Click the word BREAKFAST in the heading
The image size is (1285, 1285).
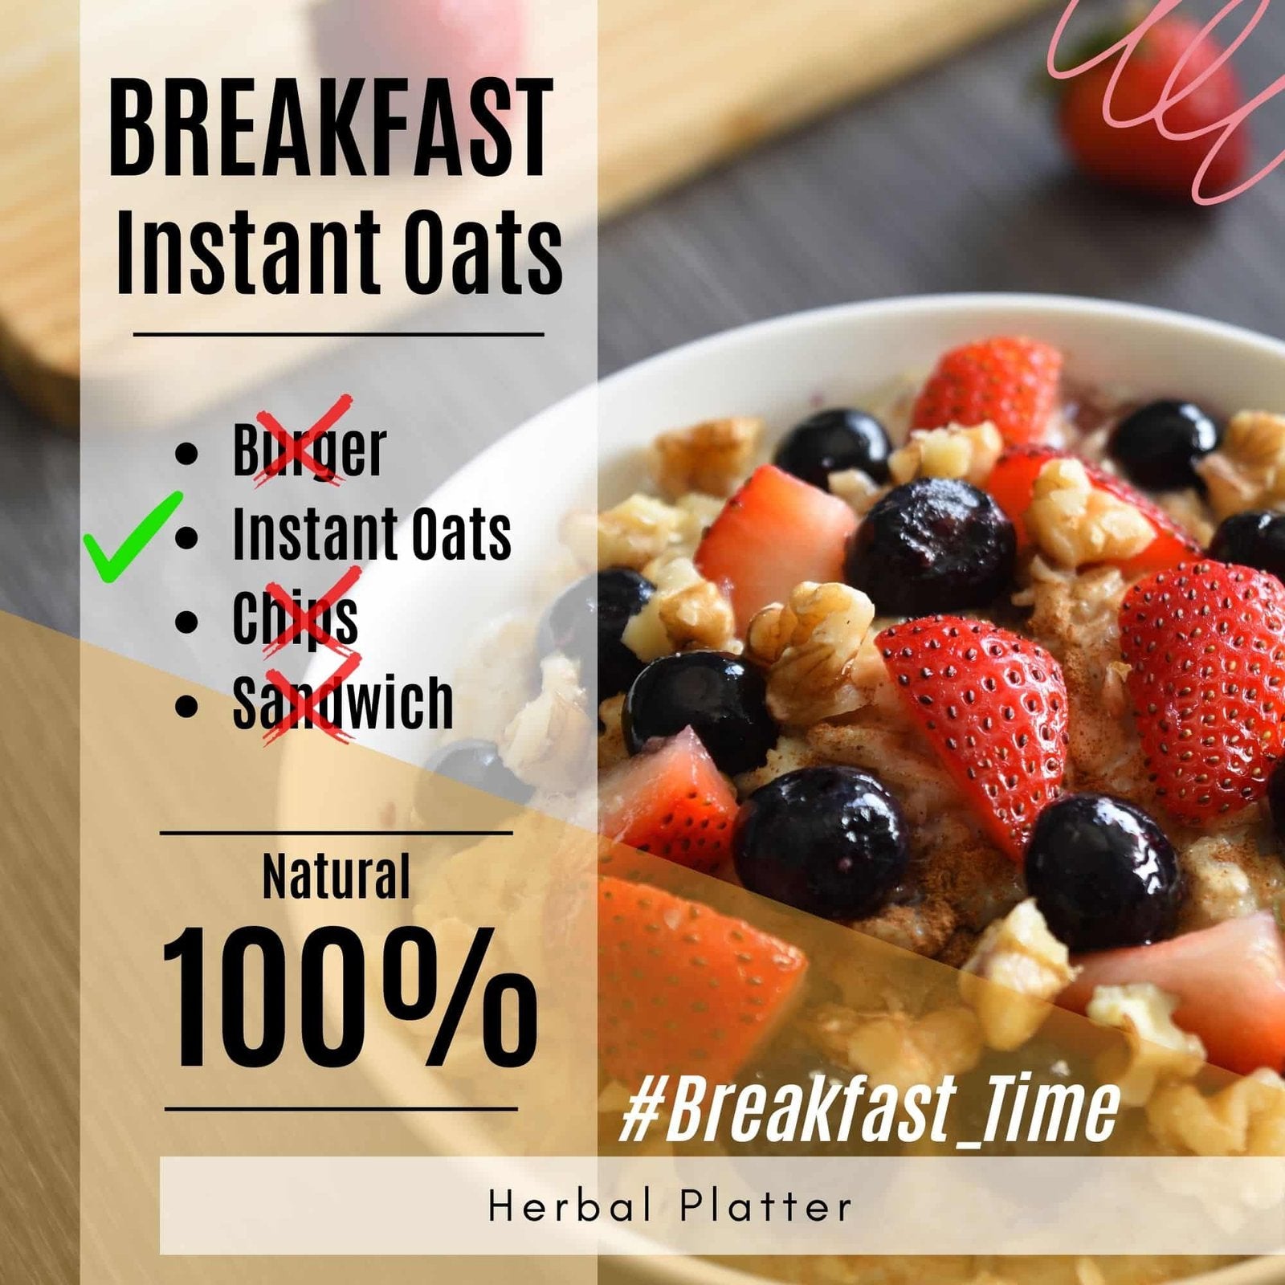pos(331,128)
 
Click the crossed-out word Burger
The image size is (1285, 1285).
pos(309,450)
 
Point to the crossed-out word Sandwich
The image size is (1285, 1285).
pos(343,702)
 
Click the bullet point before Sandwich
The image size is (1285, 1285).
pos(186,705)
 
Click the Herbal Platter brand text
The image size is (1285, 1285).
pos(670,1206)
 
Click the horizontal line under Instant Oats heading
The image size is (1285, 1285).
pos(338,333)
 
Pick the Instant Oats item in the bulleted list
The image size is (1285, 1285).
pos(371,534)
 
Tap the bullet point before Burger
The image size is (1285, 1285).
pos(186,452)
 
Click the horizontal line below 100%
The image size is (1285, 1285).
pos(341,1109)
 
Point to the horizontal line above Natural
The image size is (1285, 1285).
pos(336,833)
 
